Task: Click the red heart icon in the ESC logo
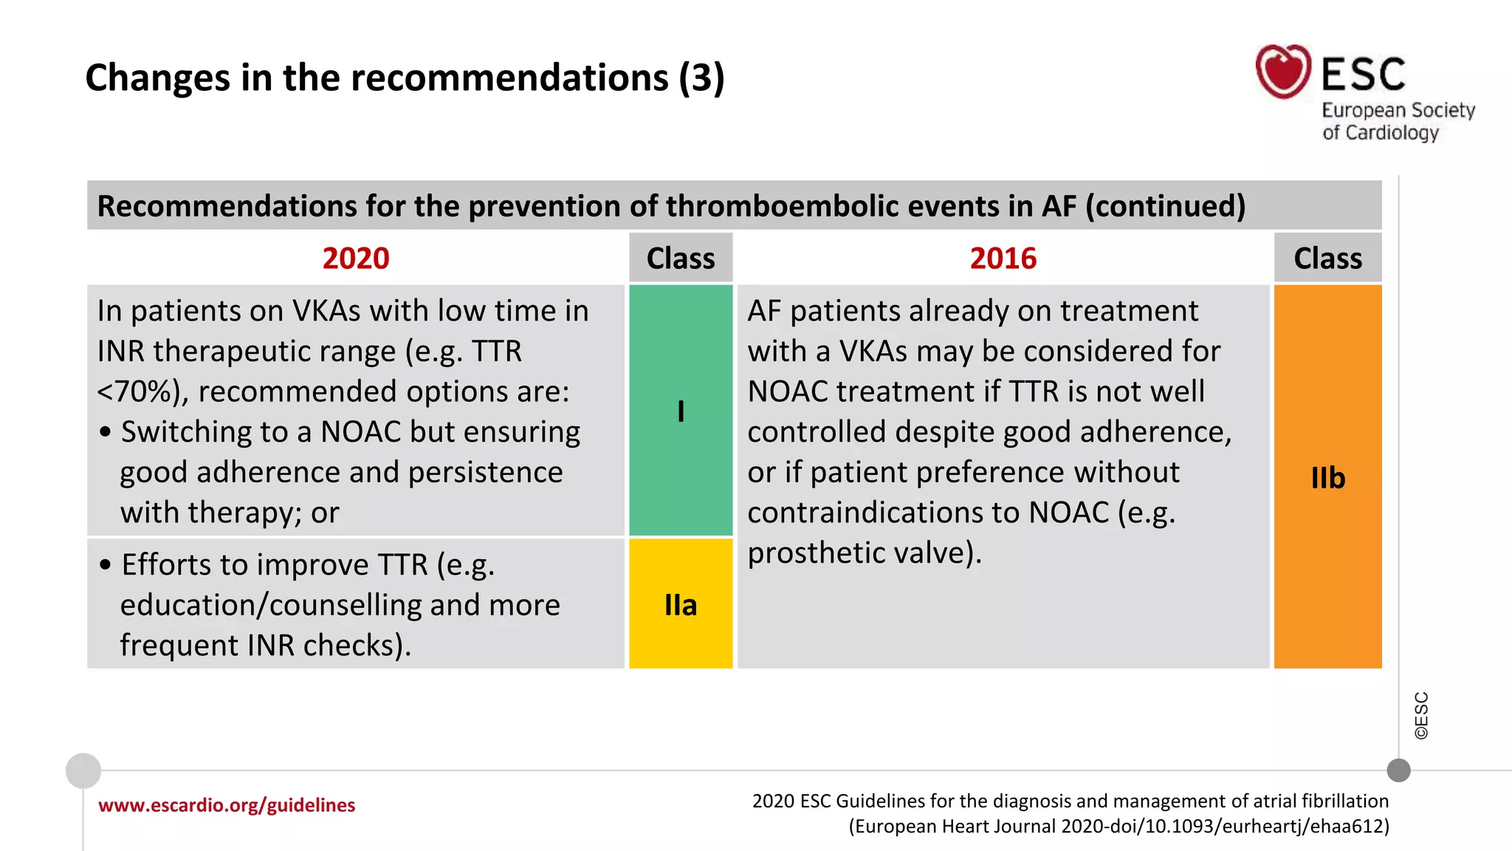[1283, 72]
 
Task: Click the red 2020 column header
[355, 259]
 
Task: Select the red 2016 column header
[1003, 259]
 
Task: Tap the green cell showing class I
[681, 411]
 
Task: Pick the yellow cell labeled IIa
[681, 605]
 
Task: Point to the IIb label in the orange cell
[1327, 478]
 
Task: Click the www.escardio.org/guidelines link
[227, 805]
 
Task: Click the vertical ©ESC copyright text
[1421, 715]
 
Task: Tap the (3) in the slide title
[701, 78]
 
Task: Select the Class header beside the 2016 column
[1327, 259]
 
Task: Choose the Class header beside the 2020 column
[681, 259]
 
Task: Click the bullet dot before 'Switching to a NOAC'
[106, 432]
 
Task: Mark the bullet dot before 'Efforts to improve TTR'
[106, 565]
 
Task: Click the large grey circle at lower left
[83, 771]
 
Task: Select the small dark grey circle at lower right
[1398, 770]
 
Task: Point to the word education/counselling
[270, 605]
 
